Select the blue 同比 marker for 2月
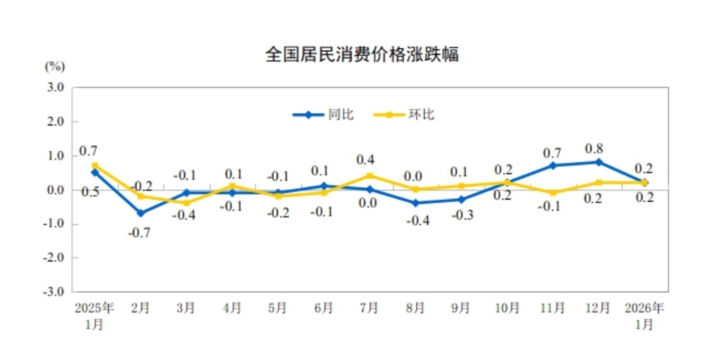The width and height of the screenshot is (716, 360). pyautogui.click(x=141, y=213)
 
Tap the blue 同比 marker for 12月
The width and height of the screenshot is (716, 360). pyautogui.click(x=599, y=163)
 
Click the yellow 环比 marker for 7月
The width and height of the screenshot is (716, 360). pyautogui.click(x=369, y=176)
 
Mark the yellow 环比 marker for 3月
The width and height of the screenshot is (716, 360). pyautogui.click(x=186, y=203)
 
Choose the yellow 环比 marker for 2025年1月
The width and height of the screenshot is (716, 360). pyautogui.click(x=95, y=166)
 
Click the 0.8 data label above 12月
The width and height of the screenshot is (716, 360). pyautogui.click(x=599, y=148)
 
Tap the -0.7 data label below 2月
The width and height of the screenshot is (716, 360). pyautogui.click(x=141, y=232)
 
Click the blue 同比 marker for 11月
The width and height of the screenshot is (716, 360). pyautogui.click(x=553, y=166)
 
